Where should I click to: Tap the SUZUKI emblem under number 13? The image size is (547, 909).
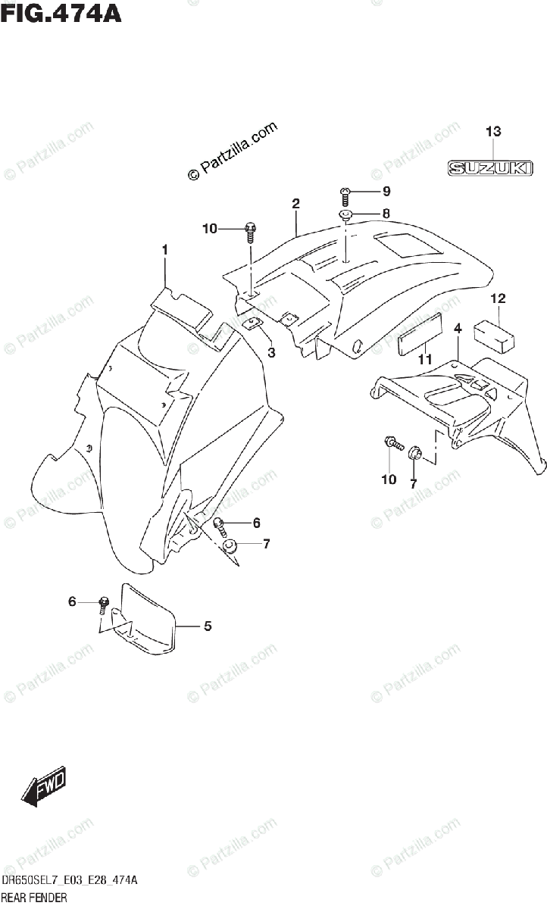pyautogui.click(x=486, y=168)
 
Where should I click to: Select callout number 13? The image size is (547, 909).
pyautogui.click(x=493, y=133)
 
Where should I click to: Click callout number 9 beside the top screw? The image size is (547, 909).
pyautogui.click(x=386, y=190)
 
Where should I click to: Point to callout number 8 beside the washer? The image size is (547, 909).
pyautogui.click(x=386, y=214)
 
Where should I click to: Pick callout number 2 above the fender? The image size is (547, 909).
pyautogui.click(x=295, y=203)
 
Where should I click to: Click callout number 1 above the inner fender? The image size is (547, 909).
pyautogui.click(x=164, y=250)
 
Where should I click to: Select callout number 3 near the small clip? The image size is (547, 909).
pyautogui.click(x=271, y=352)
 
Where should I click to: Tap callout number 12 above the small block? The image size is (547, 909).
pyautogui.click(x=497, y=298)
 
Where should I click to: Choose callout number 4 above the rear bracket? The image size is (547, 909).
pyautogui.click(x=458, y=328)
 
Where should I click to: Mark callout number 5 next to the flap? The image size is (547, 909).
pyautogui.click(x=207, y=626)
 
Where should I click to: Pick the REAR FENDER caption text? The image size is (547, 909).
pyautogui.click(x=34, y=898)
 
